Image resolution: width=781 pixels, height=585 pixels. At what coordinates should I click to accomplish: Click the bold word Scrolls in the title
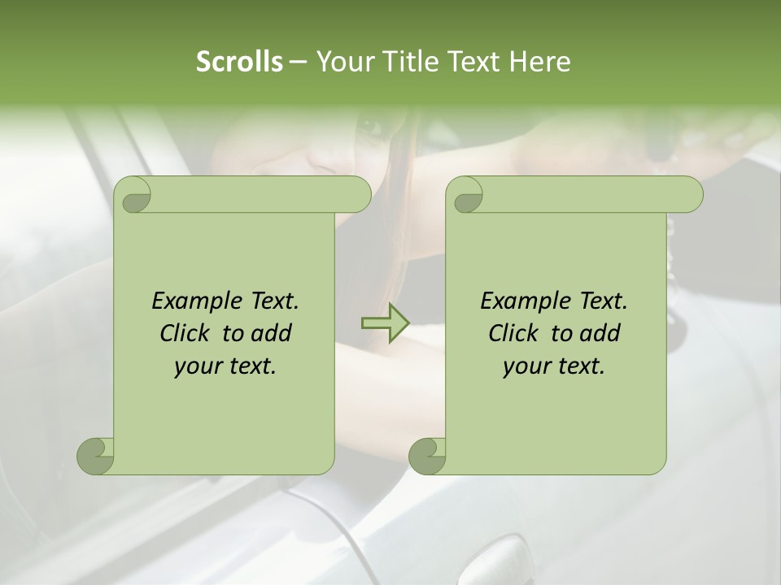pyautogui.click(x=239, y=62)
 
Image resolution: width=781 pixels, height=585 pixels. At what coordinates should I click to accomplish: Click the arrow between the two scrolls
pyautogui.click(x=385, y=323)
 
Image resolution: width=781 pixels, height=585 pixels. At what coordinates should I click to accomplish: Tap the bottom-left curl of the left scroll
pyautogui.click(x=95, y=456)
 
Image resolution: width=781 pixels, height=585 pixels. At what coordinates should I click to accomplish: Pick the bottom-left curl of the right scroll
pyautogui.click(x=427, y=456)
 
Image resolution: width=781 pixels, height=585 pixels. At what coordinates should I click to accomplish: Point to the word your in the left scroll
pyautogui.click(x=196, y=367)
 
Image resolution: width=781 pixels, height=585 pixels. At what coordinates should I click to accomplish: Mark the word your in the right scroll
pyautogui.click(x=525, y=367)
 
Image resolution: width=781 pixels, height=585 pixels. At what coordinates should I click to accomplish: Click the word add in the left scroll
pyautogui.click(x=272, y=334)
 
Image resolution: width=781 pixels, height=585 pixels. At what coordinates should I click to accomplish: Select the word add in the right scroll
pyautogui.click(x=600, y=334)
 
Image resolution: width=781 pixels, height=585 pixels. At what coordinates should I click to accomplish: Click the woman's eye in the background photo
pyautogui.click(x=370, y=128)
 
